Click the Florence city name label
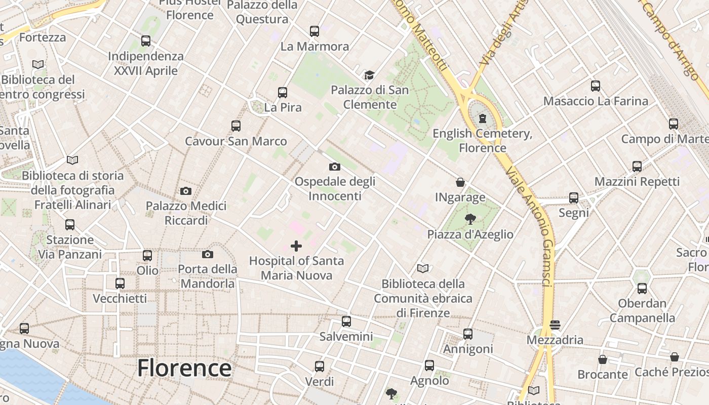point(184,368)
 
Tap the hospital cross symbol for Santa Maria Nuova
point(296,247)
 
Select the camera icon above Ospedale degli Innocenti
point(335,167)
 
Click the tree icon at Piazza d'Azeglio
point(470,219)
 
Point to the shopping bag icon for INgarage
point(460,182)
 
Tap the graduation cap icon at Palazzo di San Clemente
point(369,75)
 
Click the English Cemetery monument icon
point(482,118)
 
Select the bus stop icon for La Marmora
point(314,31)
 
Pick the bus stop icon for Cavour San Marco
point(236,126)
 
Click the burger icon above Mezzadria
point(555,325)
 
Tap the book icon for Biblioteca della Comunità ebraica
point(423,269)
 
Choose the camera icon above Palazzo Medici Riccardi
point(186,191)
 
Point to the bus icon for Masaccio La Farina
point(596,86)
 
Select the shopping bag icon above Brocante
point(603,359)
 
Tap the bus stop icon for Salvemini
point(346,321)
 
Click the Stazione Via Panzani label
point(70,247)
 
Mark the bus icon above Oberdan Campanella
point(642,289)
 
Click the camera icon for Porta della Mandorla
point(208,254)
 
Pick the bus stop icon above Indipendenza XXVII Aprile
point(146,41)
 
